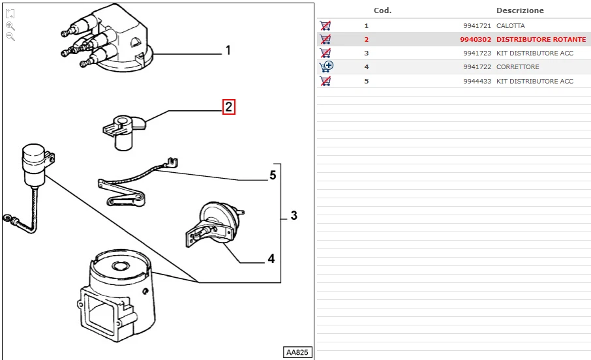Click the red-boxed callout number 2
point(228,107)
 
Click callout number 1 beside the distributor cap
point(228,50)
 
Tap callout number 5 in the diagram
point(273,175)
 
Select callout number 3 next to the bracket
point(294,215)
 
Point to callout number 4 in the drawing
point(271,259)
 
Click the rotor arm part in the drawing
point(123,130)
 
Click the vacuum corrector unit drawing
point(215,225)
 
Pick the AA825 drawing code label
point(297,352)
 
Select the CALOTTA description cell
point(511,26)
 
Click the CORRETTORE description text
point(518,67)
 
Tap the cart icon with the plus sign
point(326,67)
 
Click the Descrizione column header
point(520,10)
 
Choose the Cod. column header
point(382,10)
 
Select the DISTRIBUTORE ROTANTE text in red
point(541,40)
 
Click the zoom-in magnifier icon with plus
point(10,25)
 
